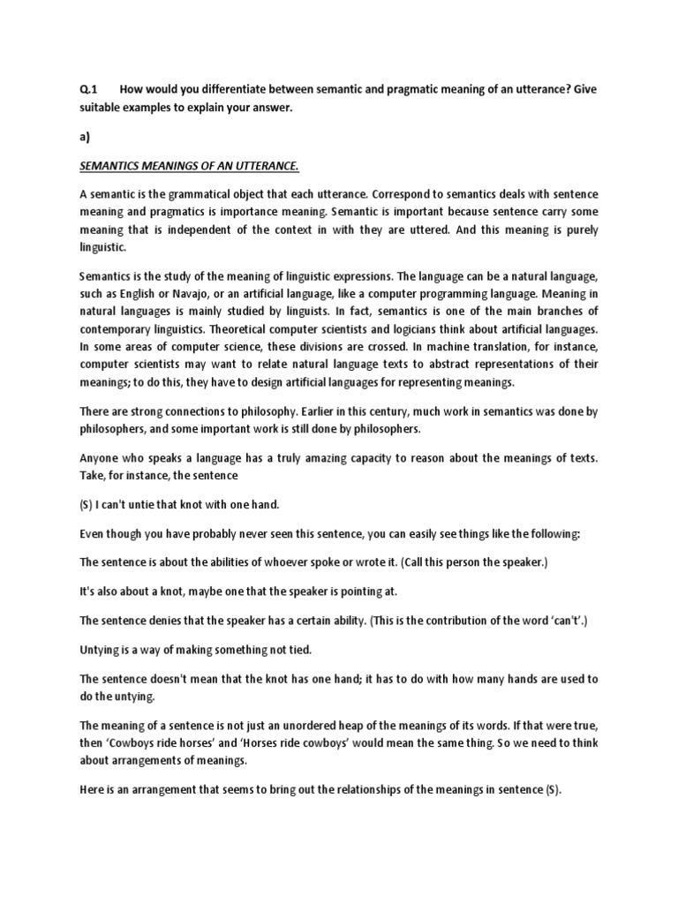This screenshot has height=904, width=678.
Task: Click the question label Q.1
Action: [x=87, y=89]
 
